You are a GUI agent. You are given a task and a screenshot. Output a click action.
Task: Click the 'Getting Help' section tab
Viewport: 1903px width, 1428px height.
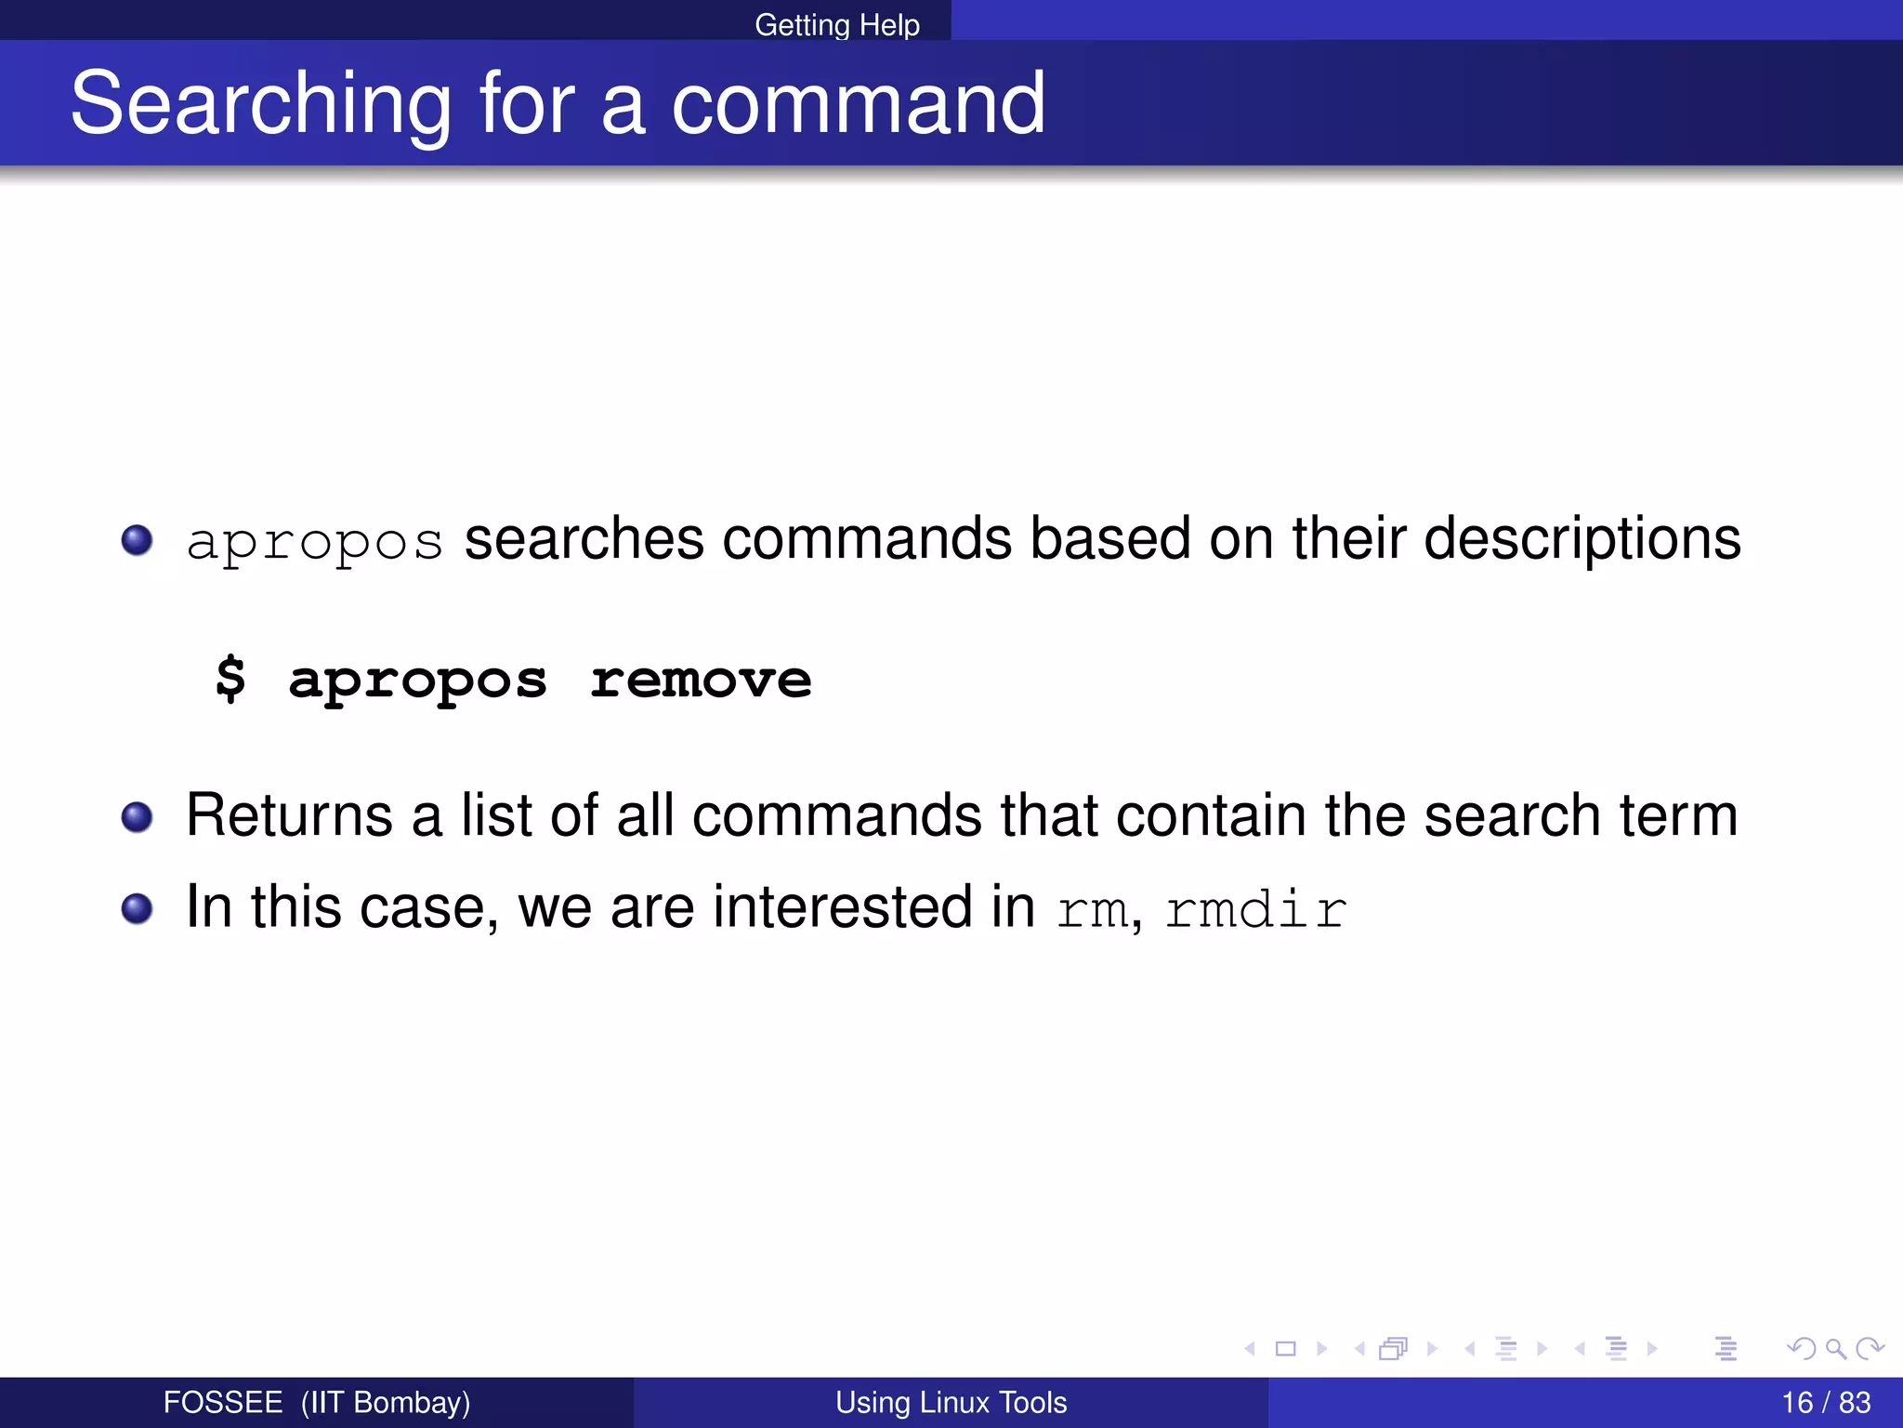[x=836, y=24]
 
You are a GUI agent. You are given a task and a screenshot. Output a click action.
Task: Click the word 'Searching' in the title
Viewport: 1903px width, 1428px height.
[x=261, y=104]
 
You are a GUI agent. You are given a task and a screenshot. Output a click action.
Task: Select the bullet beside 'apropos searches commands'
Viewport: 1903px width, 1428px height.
[x=138, y=540]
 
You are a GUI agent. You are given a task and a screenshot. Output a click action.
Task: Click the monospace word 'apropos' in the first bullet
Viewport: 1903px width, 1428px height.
[x=314, y=542]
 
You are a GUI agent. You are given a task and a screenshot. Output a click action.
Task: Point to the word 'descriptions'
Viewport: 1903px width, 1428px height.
[x=1581, y=539]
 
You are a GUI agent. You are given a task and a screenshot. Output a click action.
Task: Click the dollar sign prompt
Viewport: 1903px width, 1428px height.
[x=230, y=679]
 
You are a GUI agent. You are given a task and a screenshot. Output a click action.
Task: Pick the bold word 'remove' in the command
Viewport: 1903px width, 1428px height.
[x=701, y=680]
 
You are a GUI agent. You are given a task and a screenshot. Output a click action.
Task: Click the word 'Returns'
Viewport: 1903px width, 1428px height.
[x=289, y=815]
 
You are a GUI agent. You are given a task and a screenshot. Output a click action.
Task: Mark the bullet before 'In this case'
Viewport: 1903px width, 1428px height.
[x=138, y=908]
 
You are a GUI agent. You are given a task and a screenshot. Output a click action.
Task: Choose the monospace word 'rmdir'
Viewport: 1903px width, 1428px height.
[x=1255, y=909]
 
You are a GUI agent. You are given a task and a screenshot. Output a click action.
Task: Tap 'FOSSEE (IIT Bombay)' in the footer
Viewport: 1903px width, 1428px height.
[x=316, y=1402]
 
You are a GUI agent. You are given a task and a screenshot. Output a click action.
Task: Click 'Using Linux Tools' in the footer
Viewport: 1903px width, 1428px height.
[x=951, y=1402]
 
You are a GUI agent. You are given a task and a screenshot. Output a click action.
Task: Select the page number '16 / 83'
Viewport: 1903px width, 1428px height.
[x=1825, y=1402]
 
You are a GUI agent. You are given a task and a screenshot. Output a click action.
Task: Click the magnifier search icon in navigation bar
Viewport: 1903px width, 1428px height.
[x=1835, y=1348]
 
